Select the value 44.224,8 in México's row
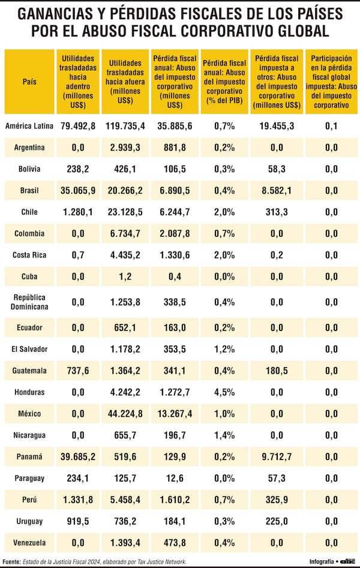click(126, 414)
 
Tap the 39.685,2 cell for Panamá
click(79, 457)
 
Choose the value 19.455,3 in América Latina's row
click(277, 125)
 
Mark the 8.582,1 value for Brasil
click(277, 190)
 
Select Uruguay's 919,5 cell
click(79, 522)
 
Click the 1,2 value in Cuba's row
click(126, 277)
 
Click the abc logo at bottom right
click(348, 561)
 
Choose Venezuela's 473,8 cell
click(176, 543)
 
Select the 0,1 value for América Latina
click(331, 125)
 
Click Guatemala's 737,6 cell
click(79, 371)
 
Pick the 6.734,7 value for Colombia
click(126, 233)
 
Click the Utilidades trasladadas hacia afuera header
click(126, 81)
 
